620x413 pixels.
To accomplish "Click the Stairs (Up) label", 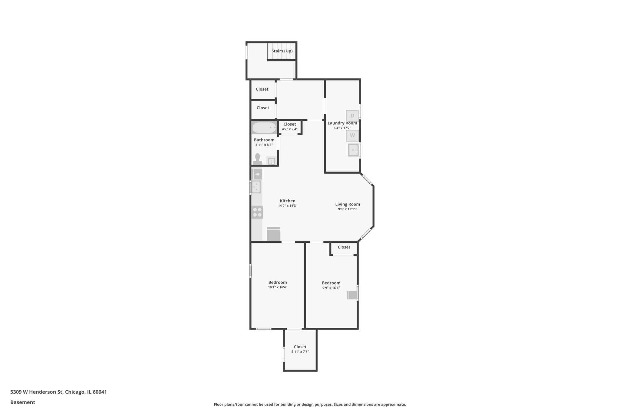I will [282, 51].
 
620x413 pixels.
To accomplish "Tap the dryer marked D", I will [352, 116].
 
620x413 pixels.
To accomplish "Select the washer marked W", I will [352, 136].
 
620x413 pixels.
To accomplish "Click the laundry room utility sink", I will [353, 150].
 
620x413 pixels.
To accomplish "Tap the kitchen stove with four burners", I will [257, 212].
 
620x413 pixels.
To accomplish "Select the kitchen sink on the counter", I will [256, 187].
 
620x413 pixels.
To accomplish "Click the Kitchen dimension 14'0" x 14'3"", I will [288, 206].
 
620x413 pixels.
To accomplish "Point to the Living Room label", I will [348, 204].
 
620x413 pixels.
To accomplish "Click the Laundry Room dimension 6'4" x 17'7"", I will [342, 128].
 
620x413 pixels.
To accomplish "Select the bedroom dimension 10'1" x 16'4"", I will [277, 287].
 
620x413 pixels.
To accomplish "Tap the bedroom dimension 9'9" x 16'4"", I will [331, 288].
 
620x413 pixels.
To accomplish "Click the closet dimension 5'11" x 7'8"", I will [300, 352].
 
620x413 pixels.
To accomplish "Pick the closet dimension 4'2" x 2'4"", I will [290, 129].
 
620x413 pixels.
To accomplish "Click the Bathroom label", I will [264, 140].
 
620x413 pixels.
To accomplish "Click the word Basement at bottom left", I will [23, 402].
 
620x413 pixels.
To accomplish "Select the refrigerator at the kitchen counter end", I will [274, 234].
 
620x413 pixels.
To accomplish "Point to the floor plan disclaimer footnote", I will [310, 404].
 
